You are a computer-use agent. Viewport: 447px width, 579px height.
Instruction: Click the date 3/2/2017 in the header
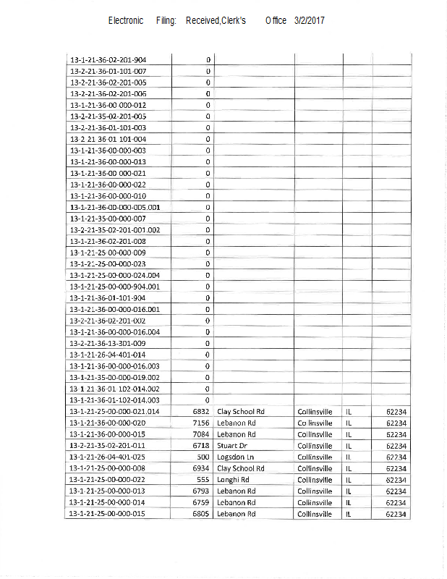click(x=310, y=21)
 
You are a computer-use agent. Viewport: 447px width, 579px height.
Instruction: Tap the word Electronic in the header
click(x=126, y=21)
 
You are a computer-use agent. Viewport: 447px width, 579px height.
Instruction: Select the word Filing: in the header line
click(x=166, y=21)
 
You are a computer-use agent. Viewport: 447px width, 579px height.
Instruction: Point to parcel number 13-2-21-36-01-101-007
click(x=108, y=72)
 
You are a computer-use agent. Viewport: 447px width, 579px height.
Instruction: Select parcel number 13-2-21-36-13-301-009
click(x=108, y=343)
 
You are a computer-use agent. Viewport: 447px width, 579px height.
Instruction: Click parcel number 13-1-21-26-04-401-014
click(x=108, y=355)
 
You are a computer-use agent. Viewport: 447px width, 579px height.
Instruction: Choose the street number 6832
click(x=201, y=412)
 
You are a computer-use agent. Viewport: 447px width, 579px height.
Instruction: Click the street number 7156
click(x=201, y=423)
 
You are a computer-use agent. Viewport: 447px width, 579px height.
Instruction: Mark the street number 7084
click(x=201, y=434)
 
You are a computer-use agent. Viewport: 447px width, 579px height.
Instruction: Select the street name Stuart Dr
click(x=233, y=446)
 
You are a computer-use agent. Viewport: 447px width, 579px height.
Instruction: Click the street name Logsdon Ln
click(x=237, y=457)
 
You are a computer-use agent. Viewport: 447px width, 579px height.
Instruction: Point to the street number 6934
click(x=201, y=468)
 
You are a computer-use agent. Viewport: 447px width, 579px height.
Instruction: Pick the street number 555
click(x=203, y=480)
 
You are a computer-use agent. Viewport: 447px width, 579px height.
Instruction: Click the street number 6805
click(x=201, y=514)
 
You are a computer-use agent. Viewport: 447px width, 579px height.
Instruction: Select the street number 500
click(x=203, y=457)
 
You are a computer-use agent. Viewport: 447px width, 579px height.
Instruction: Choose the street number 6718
click(x=201, y=446)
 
